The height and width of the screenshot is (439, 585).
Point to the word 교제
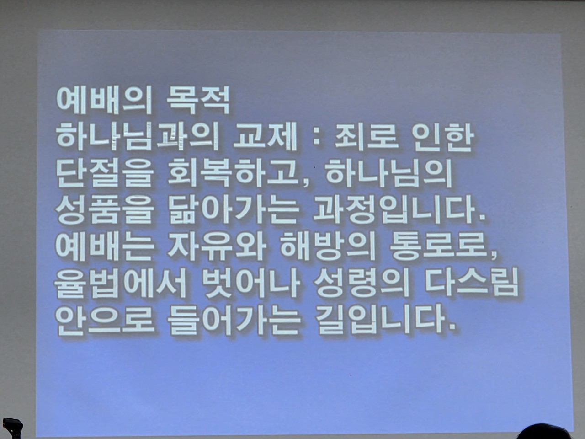pyautogui.click(x=265, y=139)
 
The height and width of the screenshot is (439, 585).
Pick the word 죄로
pyautogui.click(x=367, y=139)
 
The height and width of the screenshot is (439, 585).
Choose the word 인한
pyautogui.click(x=442, y=139)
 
